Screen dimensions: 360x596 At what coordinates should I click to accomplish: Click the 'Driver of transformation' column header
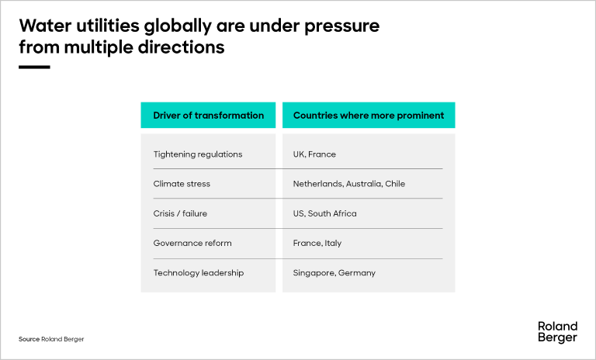(x=208, y=116)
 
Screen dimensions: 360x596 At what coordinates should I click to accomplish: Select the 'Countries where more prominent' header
(x=369, y=116)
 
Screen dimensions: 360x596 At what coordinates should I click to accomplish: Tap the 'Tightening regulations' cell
(x=198, y=154)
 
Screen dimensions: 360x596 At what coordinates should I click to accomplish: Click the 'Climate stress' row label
(x=182, y=184)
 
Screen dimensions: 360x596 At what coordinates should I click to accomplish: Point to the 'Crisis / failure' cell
(x=180, y=213)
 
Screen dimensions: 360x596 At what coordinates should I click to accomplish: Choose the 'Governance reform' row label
(x=192, y=243)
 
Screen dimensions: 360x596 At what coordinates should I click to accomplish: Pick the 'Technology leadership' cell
(x=199, y=273)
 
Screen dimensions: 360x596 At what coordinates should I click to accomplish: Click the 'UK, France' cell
(x=314, y=154)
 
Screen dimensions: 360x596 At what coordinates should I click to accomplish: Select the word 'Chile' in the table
(x=394, y=184)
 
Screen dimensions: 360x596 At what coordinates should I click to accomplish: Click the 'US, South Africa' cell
(x=324, y=213)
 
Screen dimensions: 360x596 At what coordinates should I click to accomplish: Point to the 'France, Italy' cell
(x=317, y=243)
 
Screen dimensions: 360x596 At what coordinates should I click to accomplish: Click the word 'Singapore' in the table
(x=314, y=273)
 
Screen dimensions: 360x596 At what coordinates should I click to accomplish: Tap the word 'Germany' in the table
(x=357, y=273)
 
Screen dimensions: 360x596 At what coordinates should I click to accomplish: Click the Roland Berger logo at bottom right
(x=557, y=332)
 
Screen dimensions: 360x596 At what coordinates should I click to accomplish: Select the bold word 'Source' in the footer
(x=29, y=340)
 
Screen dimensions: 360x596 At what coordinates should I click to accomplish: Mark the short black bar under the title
(x=34, y=67)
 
